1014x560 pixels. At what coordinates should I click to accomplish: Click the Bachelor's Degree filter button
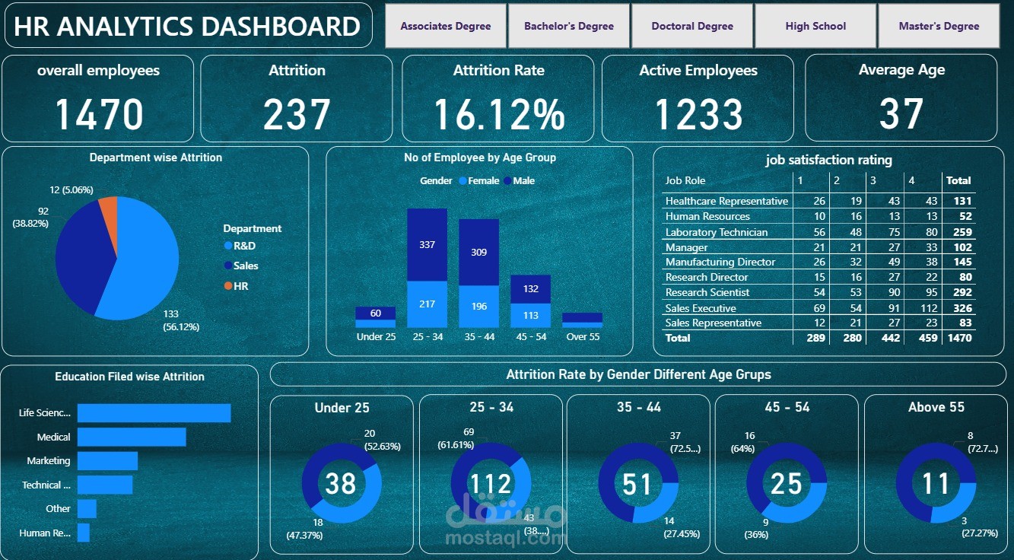pos(568,26)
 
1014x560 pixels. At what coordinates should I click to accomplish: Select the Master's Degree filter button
pos(939,26)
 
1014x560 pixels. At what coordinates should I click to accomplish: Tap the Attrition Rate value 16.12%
pos(498,114)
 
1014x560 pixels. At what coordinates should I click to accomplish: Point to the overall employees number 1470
pos(99,114)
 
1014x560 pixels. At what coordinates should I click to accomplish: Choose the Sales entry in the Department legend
pos(245,266)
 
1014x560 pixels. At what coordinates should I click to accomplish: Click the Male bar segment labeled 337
pos(427,244)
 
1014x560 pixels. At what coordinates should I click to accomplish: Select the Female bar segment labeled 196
pos(478,307)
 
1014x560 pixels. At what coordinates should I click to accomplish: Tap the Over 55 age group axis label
pos(582,336)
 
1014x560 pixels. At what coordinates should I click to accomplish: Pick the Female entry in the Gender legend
pos(483,181)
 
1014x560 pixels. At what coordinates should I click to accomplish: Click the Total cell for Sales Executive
pos(958,308)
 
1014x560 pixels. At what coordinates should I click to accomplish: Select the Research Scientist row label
pos(707,292)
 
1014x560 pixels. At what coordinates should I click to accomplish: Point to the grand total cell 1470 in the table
pos(958,338)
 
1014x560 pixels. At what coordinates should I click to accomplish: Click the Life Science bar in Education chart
pos(154,412)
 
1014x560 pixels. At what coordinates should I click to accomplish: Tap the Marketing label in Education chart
pos(49,460)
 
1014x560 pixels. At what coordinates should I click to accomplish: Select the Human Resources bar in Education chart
pos(84,533)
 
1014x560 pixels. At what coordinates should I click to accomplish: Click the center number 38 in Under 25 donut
pos(341,483)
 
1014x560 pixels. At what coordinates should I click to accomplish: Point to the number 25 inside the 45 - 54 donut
pos(786,483)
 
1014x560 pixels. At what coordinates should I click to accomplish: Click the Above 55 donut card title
pos(936,407)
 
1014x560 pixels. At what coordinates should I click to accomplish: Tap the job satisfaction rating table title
pos(828,161)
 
